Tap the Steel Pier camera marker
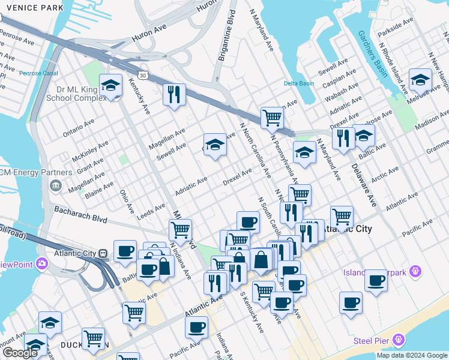397,341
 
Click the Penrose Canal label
37,73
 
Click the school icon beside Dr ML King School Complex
111,85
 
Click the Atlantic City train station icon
103,253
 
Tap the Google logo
20,353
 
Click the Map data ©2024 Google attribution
411,355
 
